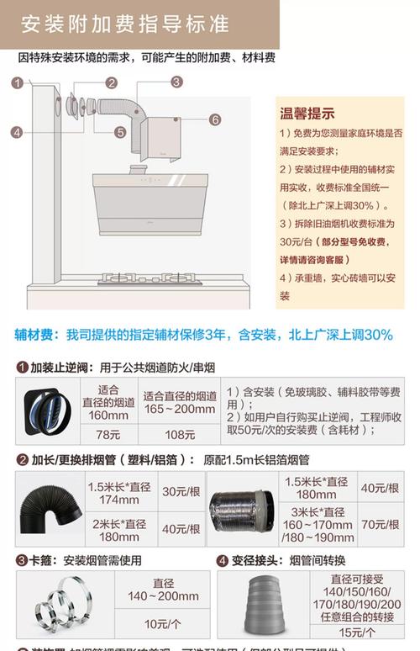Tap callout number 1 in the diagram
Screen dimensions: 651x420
(18, 82)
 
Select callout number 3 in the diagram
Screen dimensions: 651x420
(176, 82)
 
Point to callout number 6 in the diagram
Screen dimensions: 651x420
(215, 119)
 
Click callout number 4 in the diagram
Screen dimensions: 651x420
(18, 132)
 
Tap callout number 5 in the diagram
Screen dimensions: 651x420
(120, 132)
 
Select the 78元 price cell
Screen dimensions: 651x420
(108, 435)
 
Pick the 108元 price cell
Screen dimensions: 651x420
(179, 435)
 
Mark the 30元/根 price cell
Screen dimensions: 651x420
(180, 491)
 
